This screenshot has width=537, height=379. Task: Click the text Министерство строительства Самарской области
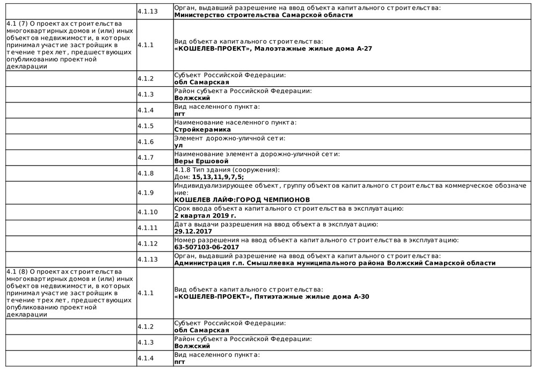point(264,15)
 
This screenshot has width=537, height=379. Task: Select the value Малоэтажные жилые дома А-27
point(313,48)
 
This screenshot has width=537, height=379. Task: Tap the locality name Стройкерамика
point(202,129)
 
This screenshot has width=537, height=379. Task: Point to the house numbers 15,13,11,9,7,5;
point(217,177)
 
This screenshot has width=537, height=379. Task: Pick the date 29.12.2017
point(193,231)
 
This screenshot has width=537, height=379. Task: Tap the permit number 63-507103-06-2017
point(207,247)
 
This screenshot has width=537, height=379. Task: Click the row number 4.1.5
point(146,126)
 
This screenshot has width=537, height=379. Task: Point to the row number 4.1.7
point(146,158)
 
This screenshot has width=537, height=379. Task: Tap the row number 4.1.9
point(146,193)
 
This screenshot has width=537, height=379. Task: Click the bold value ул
point(178,145)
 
